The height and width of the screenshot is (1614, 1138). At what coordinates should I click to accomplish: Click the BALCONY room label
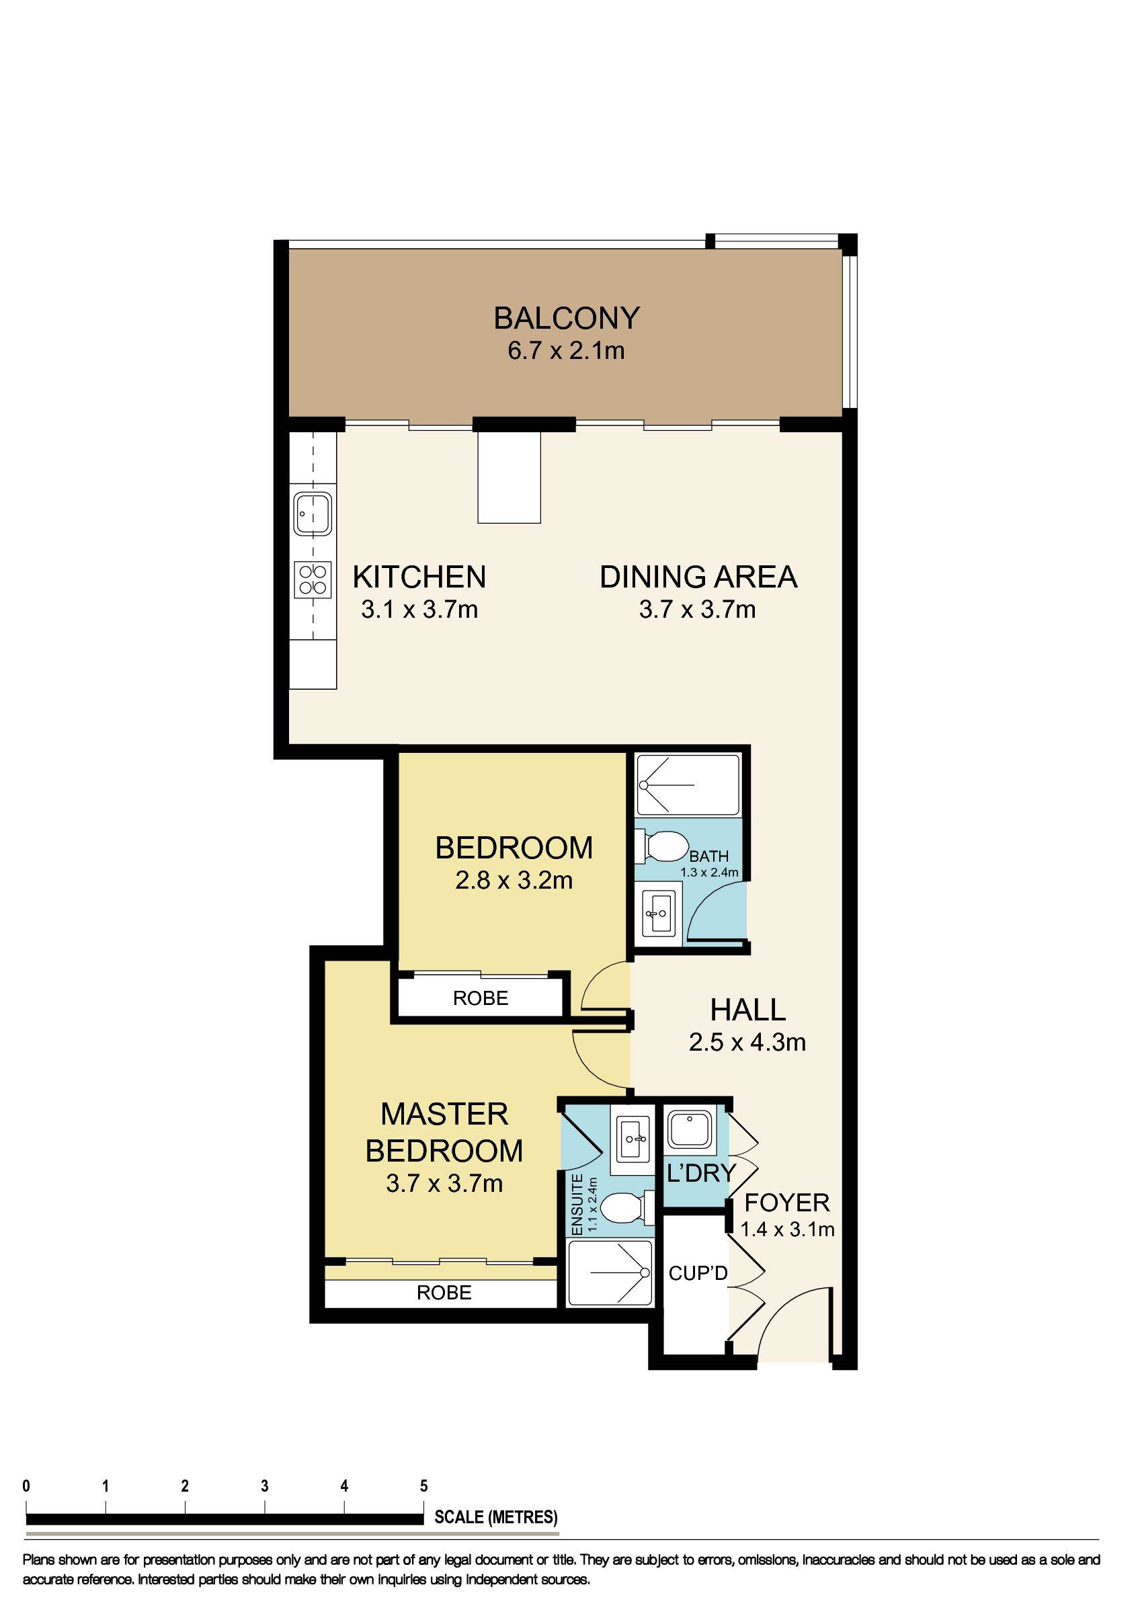coord(567,318)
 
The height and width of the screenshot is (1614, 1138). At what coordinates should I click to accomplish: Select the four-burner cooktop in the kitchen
coord(313,579)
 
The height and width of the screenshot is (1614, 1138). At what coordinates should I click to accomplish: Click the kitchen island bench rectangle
coord(509,477)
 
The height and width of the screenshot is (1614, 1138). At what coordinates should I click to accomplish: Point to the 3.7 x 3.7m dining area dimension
coord(697,609)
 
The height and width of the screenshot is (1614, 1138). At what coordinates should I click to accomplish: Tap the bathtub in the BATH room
coord(688,784)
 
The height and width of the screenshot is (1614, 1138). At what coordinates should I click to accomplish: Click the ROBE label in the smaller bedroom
coord(480,998)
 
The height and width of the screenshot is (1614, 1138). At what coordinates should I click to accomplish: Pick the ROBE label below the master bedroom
coord(444,1292)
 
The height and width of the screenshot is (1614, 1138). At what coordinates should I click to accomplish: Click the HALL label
coord(748,1010)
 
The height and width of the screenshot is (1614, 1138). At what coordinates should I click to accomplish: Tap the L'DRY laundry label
coord(700,1172)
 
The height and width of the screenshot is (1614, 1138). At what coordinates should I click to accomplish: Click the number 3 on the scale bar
coord(264,1486)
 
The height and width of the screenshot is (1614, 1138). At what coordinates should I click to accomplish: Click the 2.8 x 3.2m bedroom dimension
coord(514,880)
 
